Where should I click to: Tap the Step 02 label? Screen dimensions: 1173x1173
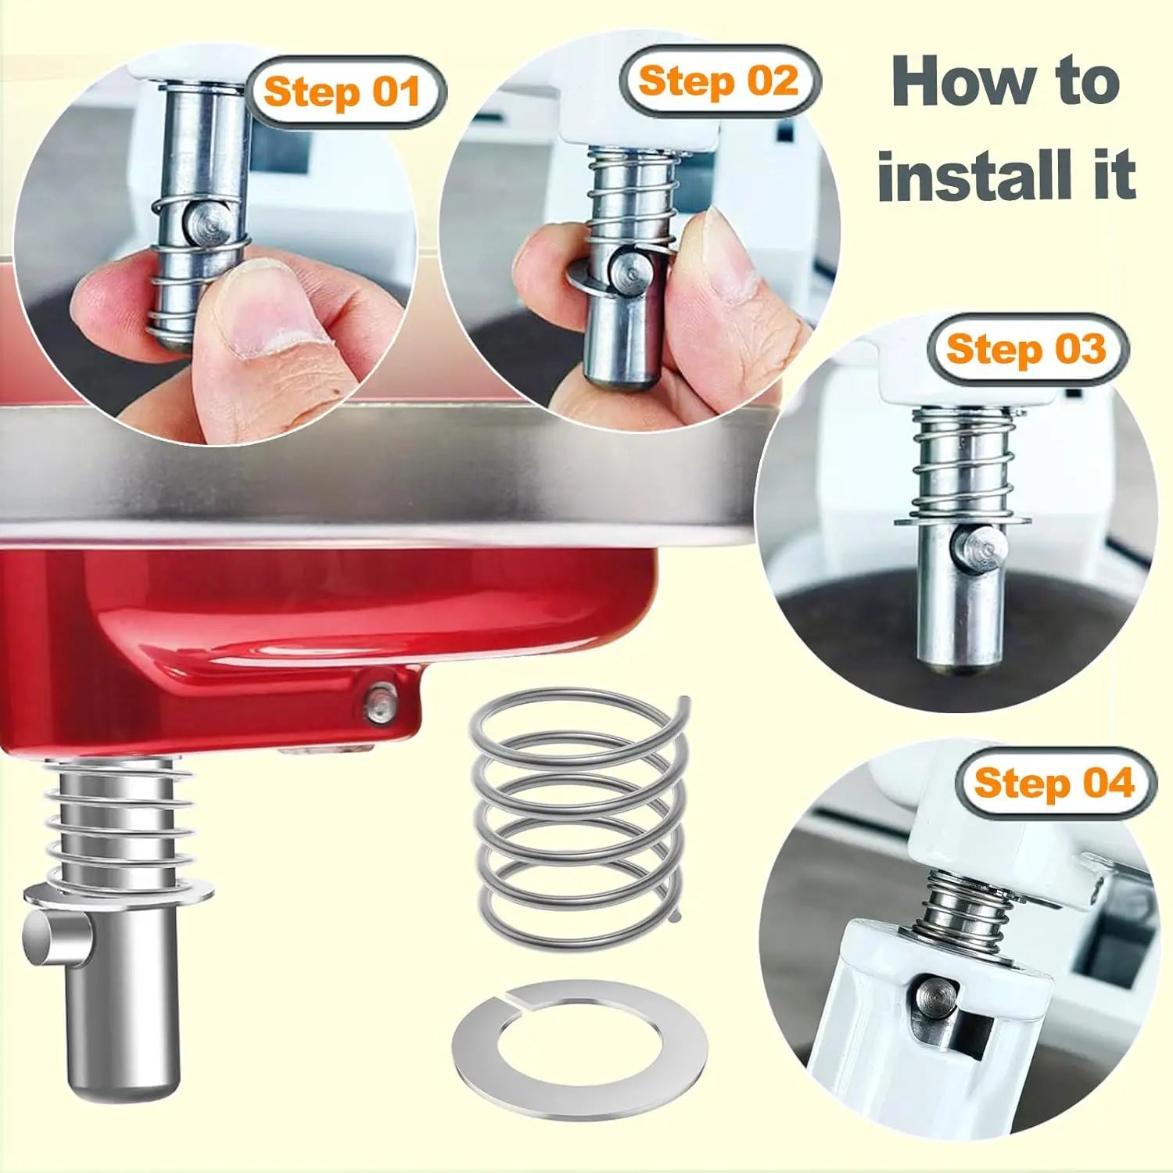click(718, 81)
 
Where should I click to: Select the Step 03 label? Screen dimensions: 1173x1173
click(1026, 349)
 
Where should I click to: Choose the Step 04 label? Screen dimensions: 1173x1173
click(1053, 783)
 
